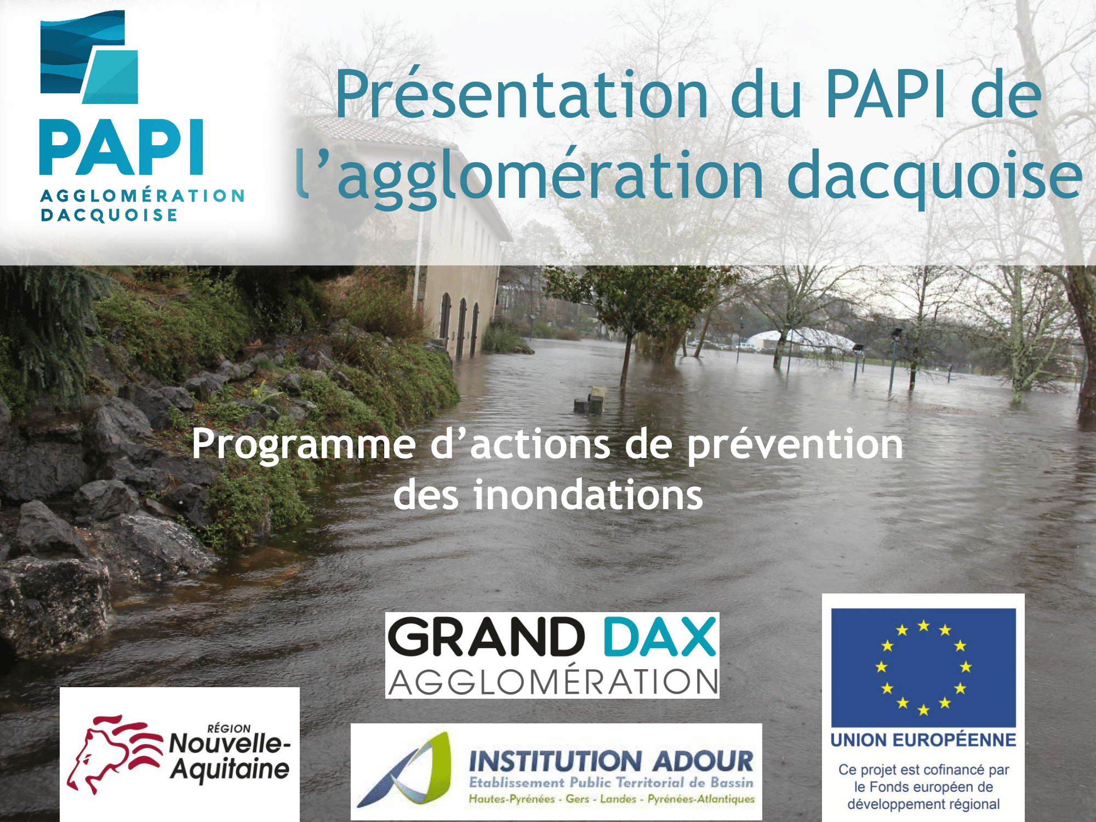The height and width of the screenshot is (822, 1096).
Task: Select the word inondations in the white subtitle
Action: pos(588,495)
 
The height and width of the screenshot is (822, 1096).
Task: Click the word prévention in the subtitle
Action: pos(795,445)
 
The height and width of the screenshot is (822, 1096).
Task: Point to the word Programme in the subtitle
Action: pos(304,445)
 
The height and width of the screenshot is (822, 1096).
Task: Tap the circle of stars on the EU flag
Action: pos(923,667)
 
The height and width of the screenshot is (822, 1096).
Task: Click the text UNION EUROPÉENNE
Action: pos(923,740)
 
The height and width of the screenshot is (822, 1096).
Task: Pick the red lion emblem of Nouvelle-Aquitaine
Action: pos(114,753)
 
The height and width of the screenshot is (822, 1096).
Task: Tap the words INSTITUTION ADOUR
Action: pos(611,761)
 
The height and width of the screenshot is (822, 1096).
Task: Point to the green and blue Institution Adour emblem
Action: pos(406,771)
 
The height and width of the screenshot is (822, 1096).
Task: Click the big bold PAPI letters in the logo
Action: pos(121,147)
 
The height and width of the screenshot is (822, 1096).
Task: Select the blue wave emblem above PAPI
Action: pos(89,57)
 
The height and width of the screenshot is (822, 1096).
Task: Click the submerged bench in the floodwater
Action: pos(590,400)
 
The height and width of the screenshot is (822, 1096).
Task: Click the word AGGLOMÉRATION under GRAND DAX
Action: pos(552,681)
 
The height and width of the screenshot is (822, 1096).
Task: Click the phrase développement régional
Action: pos(923,804)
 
